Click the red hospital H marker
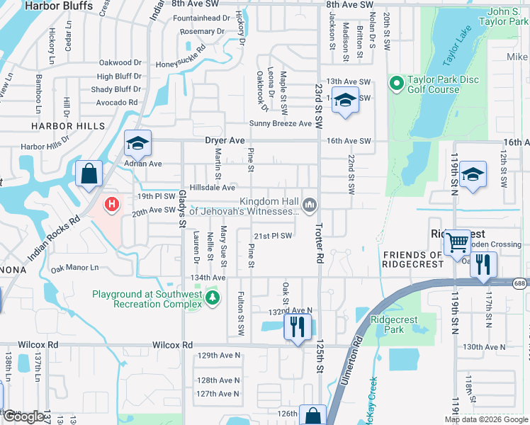point(111,205)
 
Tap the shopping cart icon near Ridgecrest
point(457,243)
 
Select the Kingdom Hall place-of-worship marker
point(309,205)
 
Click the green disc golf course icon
point(395,84)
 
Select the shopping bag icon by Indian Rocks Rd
point(89,174)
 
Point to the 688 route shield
point(521,282)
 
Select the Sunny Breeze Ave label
point(280,123)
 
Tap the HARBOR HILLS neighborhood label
point(68,126)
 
